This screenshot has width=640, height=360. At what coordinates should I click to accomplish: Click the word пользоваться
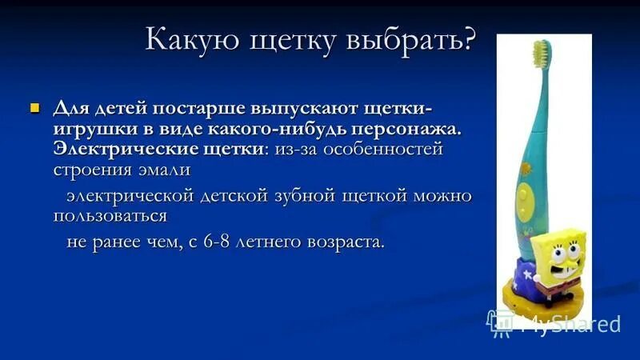tap(110, 216)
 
